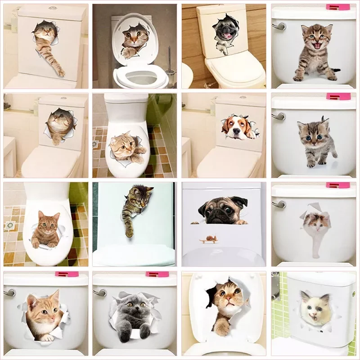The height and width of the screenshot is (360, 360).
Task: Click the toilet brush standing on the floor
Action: pos(171,67)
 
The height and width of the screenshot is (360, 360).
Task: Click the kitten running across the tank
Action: pos(315,140)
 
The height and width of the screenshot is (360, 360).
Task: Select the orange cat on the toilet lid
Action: pos(45,229)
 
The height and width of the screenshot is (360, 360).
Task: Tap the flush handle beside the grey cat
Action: pos(100,292)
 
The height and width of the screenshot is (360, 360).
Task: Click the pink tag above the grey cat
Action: pos(157,274)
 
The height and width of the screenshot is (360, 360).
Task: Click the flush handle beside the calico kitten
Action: pos(279,204)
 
